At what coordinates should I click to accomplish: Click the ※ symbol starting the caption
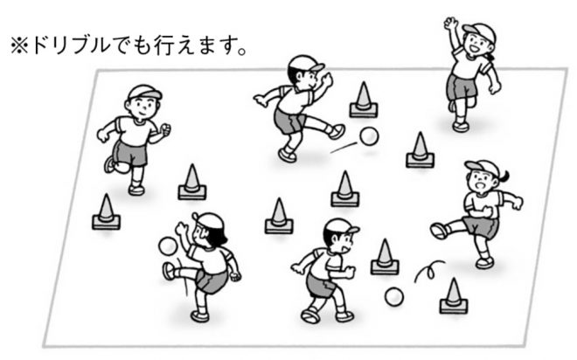coord(19,46)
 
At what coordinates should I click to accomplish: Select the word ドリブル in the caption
coord(71,45)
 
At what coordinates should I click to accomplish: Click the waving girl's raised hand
coord(450,24)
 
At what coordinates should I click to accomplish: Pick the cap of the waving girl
coord(479,31)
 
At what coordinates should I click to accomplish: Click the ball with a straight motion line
coord(369,136)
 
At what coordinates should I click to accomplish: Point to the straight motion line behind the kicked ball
coord(344,148)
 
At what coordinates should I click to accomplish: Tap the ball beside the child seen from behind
coord(168,246)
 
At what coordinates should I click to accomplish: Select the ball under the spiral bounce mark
coord(394,297)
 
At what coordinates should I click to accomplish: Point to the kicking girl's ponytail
coord(504,177)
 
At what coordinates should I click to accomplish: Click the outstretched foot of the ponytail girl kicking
coord(439,231)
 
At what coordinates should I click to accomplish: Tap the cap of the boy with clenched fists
coord(144,92)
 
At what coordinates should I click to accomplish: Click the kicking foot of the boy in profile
coord(337,132)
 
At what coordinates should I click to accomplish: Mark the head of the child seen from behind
coord(208,230)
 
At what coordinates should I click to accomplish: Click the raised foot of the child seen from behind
coord(169,272)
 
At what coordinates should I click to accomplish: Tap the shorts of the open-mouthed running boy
coord(320,285)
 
